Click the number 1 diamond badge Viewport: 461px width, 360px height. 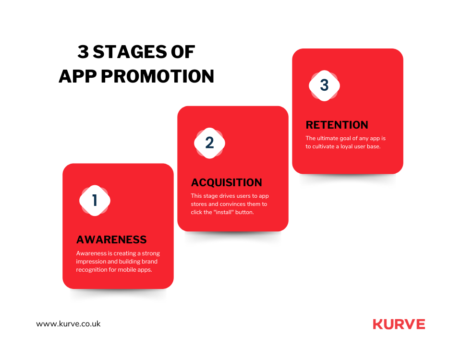click(95, 201)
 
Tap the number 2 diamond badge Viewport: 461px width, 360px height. click(210, 143)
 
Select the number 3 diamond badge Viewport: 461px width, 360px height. click(324, 85)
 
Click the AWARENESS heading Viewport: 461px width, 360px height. click(111, 240)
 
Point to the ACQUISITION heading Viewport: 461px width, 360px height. click(226, 182)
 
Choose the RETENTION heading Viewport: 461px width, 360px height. click(337, 125)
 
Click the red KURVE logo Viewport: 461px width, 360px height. click(399, 324)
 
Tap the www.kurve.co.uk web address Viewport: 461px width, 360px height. click(68, 324)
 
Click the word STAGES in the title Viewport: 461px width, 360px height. click(130, 52)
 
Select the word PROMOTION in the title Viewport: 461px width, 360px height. click(158, 76)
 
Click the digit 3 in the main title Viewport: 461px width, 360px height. click(83, 52)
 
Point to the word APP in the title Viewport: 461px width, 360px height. click(78, 76)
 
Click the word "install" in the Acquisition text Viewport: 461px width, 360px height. click(224, 212)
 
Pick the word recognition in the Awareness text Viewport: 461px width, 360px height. click(91, 270)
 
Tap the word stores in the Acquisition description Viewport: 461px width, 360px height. click(199, 204)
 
